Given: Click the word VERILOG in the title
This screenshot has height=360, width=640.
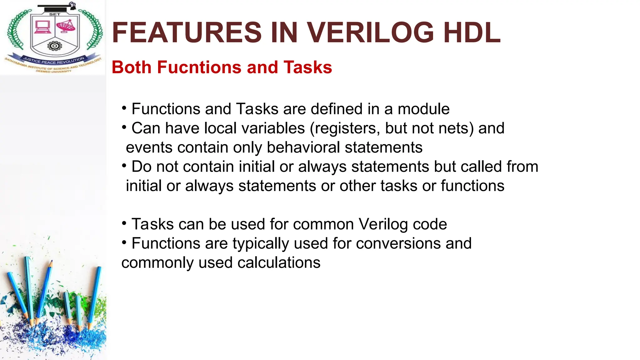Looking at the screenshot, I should point(371,32).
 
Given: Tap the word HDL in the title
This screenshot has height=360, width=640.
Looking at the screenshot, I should point(472,32).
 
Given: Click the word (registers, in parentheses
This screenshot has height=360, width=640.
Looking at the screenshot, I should point(345,128).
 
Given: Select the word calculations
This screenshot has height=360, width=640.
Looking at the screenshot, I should point(279,263).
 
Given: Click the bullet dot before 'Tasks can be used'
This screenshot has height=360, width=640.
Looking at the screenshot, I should point(124,223).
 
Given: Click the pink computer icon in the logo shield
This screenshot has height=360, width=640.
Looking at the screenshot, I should point(42,27).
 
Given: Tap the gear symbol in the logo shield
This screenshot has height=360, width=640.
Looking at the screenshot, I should point(54,46).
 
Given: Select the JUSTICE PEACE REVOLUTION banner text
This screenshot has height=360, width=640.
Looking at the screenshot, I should point(54,60).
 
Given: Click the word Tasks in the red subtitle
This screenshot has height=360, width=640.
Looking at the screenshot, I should point(307,67).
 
